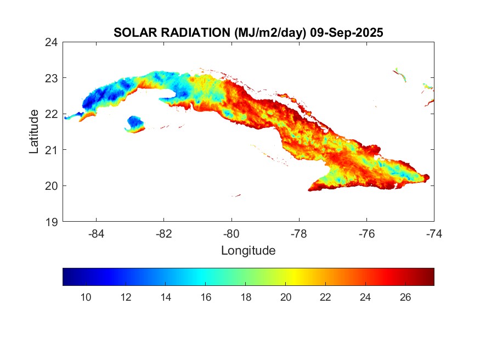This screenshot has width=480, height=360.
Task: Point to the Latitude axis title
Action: point(34,132)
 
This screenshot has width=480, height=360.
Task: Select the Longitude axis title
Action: point(248,251)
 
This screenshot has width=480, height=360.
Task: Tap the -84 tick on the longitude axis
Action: point(97,233)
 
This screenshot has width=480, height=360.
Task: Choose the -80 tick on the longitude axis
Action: point(231,233)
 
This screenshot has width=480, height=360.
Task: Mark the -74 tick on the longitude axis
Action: point(433,233)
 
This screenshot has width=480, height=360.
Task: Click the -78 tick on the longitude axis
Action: point(299,233)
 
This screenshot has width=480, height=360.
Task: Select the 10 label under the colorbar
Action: point(86,297)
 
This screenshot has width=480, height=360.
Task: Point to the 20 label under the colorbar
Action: point(286,297)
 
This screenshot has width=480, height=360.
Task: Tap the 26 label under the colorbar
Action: point(405,297)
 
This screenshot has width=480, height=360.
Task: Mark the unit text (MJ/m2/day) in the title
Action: point(270,33)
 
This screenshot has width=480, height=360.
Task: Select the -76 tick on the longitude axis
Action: point(366,233)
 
